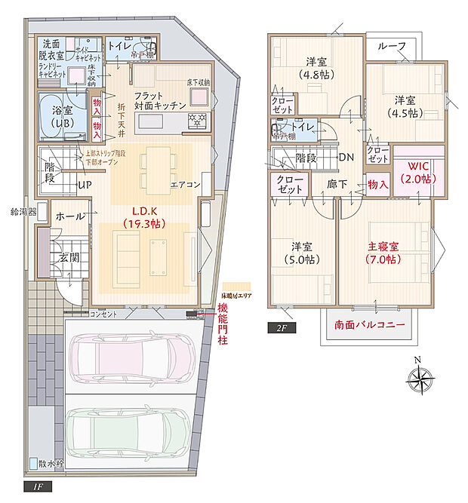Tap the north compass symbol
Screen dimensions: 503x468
421,377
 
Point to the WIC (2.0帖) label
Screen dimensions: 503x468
416,172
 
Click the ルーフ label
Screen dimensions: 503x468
397,47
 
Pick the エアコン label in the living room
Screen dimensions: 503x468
186,184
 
